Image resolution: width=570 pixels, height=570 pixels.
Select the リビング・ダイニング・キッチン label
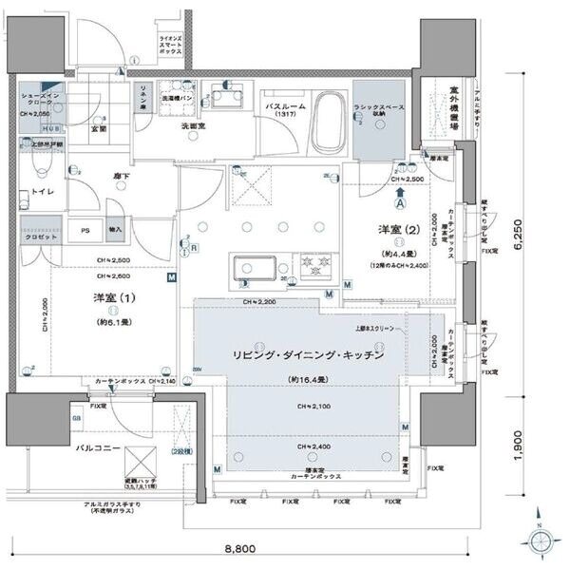(309, 354)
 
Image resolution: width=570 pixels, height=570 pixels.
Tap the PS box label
(85, 229)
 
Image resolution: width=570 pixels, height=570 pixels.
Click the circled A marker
(400, 202)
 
